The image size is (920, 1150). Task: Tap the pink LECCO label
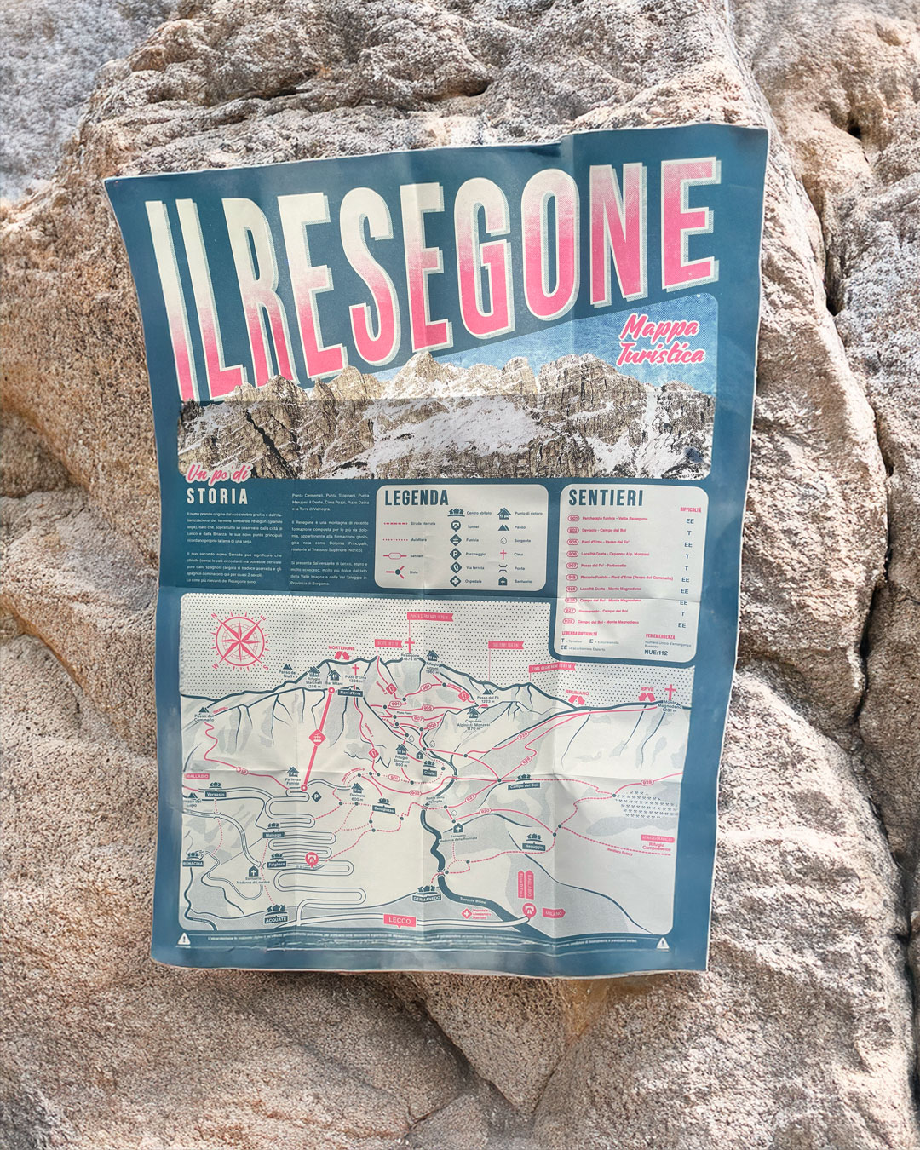point(399,920)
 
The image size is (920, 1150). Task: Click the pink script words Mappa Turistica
point(661,339)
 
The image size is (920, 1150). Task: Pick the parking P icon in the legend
point(457,552)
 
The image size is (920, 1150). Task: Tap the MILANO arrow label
point(553,913)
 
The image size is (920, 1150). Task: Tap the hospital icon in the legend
point(457,581)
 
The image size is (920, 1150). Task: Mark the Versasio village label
point(216,794)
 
